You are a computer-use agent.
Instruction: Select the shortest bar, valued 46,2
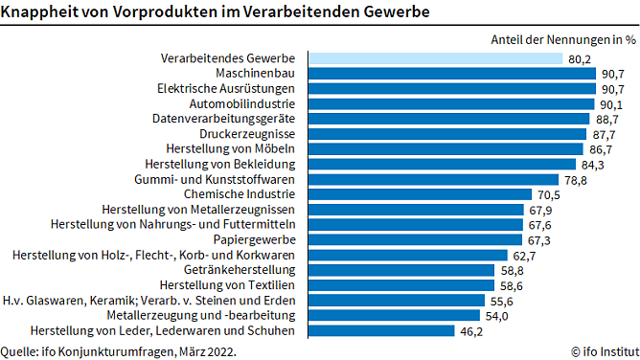pyautogui.click(x=380, y=330)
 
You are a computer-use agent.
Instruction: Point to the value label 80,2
pyautogui.click(x=579, y=59)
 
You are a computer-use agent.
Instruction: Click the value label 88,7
pyautogui.click(x=606, y=120)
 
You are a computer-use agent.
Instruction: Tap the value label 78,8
pyautogui.click(x=575, y=180)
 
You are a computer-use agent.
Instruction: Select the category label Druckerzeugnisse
pyautogui.click(x=247, y=134)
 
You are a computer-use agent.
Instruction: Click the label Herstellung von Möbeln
pyautogui.click(x=230, y=149)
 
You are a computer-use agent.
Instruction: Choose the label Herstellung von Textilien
pyautogui.click(x=227, y=285)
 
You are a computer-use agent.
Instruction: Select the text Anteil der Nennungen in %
pyautogui.click(x=562, y=39)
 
